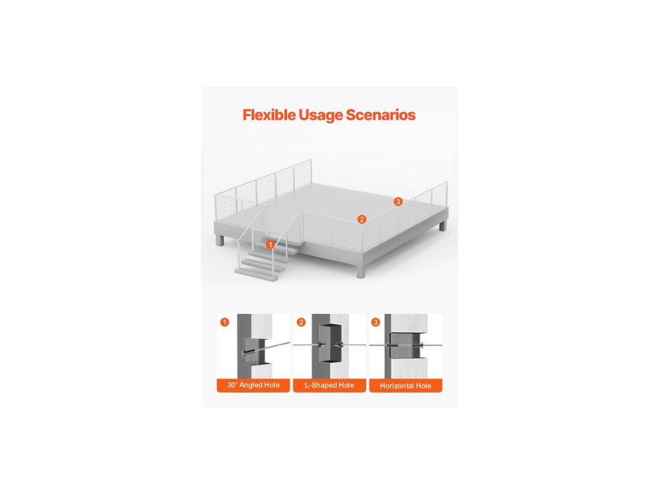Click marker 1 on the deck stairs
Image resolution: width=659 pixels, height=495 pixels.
(x=270, y=245)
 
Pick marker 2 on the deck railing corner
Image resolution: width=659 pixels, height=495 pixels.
(x=362, y=219)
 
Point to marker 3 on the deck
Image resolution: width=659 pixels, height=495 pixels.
(x=398, y=202)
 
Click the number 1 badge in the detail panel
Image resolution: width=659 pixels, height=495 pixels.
(x=224, y=322)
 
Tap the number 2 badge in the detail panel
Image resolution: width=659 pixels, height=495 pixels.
(x=301, y=322)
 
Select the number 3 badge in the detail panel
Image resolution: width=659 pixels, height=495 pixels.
(x=376, y=322)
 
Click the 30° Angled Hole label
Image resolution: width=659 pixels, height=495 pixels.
(x=253, y=385)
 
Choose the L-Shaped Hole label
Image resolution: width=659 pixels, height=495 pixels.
(x=329, y=385)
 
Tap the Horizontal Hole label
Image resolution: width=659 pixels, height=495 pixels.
(x=405, y=385)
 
